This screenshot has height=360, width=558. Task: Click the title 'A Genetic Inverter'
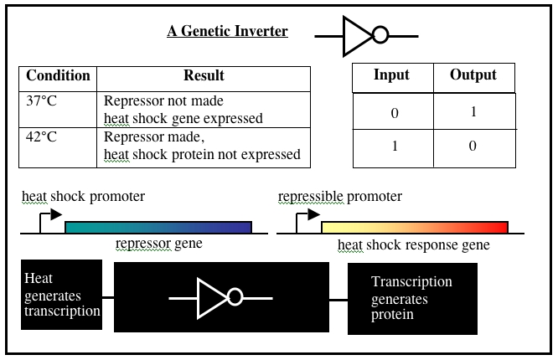pyautogui.click(x=227, y=32)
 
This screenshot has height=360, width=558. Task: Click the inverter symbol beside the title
pyautogui.click(x=365, y=35)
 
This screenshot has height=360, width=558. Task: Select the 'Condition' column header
pyautogui.click(x=59, y=75)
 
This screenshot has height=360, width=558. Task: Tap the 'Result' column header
pyautogui.click(x=204, y=75)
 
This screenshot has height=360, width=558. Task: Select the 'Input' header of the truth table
pyautogui.click(x=391, y=75)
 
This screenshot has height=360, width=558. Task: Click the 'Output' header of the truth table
pyautogui.click(x=473, y=75)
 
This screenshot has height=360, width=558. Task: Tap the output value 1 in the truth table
pyautogui.click(x=473, y=112)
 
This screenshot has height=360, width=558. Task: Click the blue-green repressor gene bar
pyautogui.click(x=158, y=226)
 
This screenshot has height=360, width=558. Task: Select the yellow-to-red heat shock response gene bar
pyautogui.click(x=415, y=226)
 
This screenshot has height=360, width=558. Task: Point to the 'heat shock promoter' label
pyautogui.click(x=83, y=197)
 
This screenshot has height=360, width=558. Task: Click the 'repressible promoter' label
pyautogui.click(x=339, y=197)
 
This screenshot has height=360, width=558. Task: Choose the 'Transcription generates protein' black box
pyautogui.click(x=412, y=299)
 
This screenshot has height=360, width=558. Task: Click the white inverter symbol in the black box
pyautogui.click(x=220, y=297)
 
